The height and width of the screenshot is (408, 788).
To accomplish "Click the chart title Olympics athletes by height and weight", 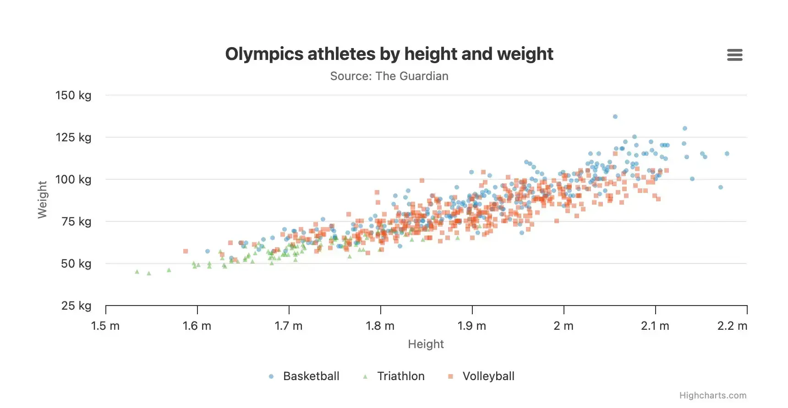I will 389,54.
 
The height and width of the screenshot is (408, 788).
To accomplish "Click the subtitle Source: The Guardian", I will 389,76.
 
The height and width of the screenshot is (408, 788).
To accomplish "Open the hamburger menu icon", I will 734,55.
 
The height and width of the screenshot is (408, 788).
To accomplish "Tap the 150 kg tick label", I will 73,96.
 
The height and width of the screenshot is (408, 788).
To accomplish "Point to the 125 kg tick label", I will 73,138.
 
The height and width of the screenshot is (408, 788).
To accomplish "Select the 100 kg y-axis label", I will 73,180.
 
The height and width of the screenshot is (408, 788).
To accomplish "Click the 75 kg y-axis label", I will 76,222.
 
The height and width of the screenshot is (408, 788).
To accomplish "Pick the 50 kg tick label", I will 76,264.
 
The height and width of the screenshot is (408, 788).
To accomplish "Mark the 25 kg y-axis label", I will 76,306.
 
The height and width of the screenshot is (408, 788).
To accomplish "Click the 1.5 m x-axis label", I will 105,326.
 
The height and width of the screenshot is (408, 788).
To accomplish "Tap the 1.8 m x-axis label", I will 380,326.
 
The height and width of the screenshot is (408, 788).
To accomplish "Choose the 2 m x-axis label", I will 563,326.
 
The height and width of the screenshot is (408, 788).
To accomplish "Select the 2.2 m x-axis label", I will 732,326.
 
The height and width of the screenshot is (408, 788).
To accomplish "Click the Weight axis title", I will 42,200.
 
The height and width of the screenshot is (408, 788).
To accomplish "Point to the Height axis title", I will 426,344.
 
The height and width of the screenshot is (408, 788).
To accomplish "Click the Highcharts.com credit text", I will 712,396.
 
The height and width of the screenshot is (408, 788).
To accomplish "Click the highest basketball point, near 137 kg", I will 615,117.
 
